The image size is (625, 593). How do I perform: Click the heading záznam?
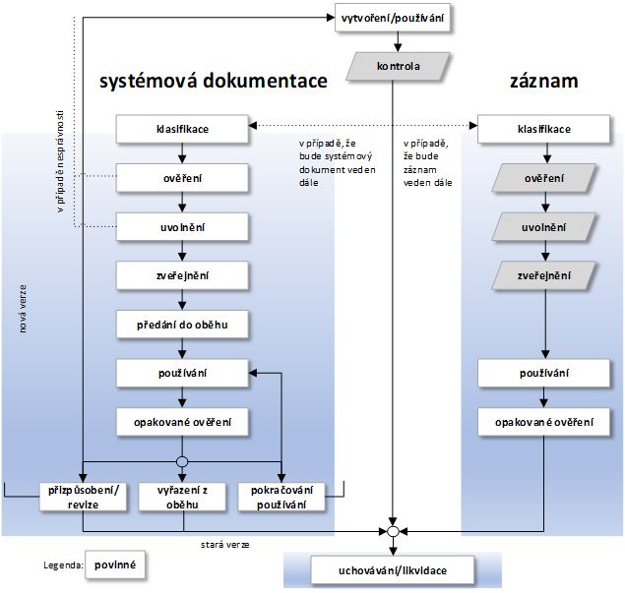click(x=543, y=83)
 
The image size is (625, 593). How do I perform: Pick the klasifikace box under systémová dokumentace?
click(x=181, y=129)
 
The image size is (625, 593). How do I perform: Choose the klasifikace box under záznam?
click(x=543, y=129)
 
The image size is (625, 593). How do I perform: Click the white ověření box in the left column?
click(x=181, y=178)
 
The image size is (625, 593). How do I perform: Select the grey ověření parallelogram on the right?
click(x=543, y=178)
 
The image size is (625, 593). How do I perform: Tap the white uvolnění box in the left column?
click(x=181, y=226)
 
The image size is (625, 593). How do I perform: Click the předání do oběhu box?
click(x=181, y=324)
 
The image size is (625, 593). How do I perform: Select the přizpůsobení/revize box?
click(x=84, y=497)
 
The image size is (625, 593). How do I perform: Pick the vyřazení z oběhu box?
click(x=183, y=497)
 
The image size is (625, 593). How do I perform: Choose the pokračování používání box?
click(x=281, y=497)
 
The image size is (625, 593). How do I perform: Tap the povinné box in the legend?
click(x=114, y=565)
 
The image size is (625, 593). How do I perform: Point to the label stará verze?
click(x=215, y=540)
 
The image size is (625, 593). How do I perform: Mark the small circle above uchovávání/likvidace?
click(x=392, y=532)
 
